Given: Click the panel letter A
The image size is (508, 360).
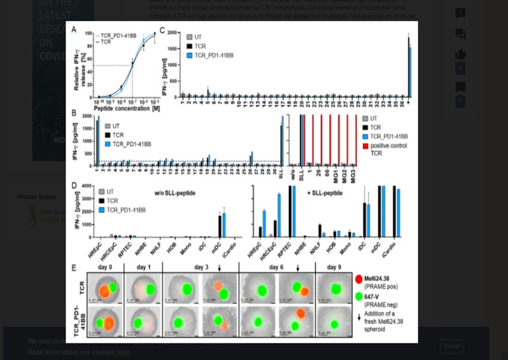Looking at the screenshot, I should click(x=74, y=30).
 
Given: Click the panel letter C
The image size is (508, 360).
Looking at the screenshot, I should click(x=163, y=30).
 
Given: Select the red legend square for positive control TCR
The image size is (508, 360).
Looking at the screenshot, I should click(x=365, y=146).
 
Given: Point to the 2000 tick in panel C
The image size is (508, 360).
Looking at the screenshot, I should click(x=171, y=32).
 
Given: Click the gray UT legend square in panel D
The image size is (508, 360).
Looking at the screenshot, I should click(x=101, y=191).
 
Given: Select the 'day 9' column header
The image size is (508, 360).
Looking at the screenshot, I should click(x=334, y=267).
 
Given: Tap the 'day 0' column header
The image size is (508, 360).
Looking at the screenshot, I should click(x=105, y=267).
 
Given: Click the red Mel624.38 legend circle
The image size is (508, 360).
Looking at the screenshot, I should click(x=358, y=279).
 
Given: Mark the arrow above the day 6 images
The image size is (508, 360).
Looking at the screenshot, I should click(x=297, y=268).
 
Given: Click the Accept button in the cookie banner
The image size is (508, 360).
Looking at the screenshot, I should click(x=451, y=346).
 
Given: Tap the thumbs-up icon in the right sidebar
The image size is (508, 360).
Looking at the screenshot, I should click(x=460, y=55).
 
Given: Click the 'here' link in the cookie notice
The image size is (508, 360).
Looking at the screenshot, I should click(x=123, y=352).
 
